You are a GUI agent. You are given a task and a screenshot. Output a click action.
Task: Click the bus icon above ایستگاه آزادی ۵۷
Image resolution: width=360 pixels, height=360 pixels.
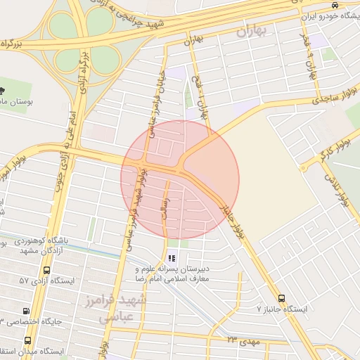(x=46, y=270)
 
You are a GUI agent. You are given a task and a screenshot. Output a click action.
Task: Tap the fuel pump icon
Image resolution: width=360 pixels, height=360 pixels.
(x=26, y=311)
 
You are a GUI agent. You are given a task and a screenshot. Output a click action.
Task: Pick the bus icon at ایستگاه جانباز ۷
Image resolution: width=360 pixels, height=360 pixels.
(x=282, y=298)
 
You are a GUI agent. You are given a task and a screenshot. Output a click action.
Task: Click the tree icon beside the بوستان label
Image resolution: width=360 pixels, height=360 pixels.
(x=3, y=89)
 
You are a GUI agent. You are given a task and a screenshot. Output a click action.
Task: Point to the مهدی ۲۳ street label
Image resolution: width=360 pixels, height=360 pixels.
(x=243, y=342)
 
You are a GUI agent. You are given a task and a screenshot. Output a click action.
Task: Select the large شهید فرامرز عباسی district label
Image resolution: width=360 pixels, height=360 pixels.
(x=123, y=309)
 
